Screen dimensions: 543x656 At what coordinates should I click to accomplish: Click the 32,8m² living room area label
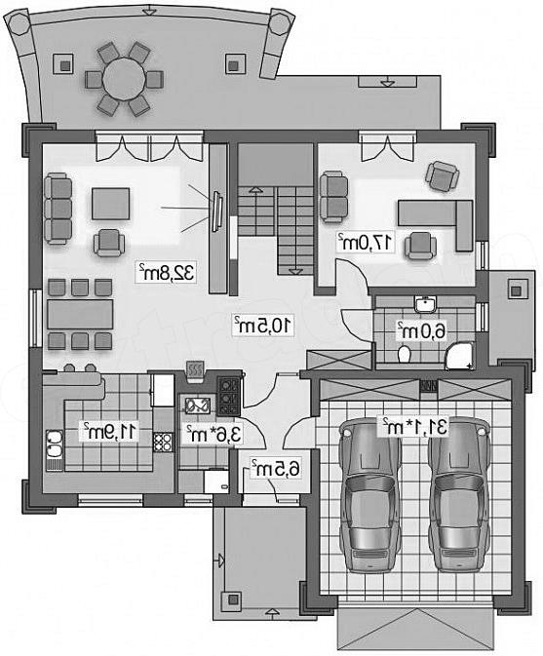[x=167, y=273]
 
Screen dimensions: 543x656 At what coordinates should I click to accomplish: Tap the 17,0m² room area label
[x=366, y=242]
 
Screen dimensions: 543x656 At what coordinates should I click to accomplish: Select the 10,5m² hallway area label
[x=262, y=325]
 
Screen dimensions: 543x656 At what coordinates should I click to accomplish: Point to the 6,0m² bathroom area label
[x=421, y=331]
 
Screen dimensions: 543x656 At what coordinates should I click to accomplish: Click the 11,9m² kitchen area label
[x=109, y=432]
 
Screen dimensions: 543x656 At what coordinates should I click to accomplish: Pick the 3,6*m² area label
[x=213, y=434]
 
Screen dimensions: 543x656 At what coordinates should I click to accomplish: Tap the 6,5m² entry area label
[x=276, y=469]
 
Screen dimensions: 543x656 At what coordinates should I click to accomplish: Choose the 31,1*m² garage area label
[x=413, y=426]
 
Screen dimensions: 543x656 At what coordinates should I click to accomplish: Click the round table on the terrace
[x=124, y=79]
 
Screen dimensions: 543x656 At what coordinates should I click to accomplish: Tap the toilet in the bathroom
[x=405, y=354]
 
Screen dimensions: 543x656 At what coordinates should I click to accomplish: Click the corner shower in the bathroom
[x=460, y=356]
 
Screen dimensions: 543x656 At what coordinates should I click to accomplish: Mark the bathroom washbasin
[x=425, y=304]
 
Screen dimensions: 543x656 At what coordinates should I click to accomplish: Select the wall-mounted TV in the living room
[x=217, y=212]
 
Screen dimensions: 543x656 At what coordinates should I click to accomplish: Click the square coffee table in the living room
[x=110, y=204]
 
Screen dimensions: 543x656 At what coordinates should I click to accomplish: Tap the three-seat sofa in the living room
[x=58, y=209]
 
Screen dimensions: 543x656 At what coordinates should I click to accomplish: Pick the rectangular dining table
[x=80, y=314]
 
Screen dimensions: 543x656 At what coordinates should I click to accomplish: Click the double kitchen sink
[x=55, y=444]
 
